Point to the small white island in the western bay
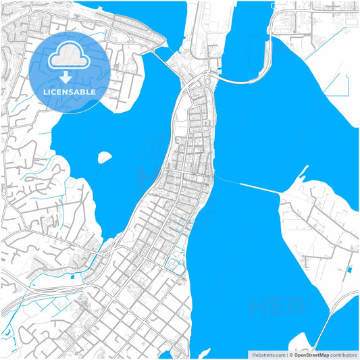104,157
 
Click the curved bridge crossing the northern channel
243,80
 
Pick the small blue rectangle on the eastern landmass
349,270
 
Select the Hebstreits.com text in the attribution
268,354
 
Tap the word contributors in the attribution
343,354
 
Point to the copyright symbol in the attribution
289,354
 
